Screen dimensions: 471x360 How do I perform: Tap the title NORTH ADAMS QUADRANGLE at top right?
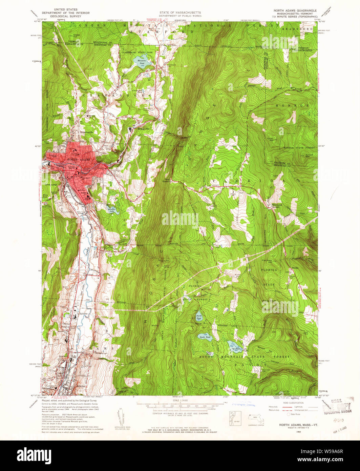[295, 11]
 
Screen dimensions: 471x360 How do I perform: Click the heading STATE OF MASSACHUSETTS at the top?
[181, 12]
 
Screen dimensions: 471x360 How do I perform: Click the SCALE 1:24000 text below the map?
[179, 401]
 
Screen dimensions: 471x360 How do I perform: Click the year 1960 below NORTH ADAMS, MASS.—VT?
[299, 432]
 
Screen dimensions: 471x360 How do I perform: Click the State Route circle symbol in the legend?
[289, 414]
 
